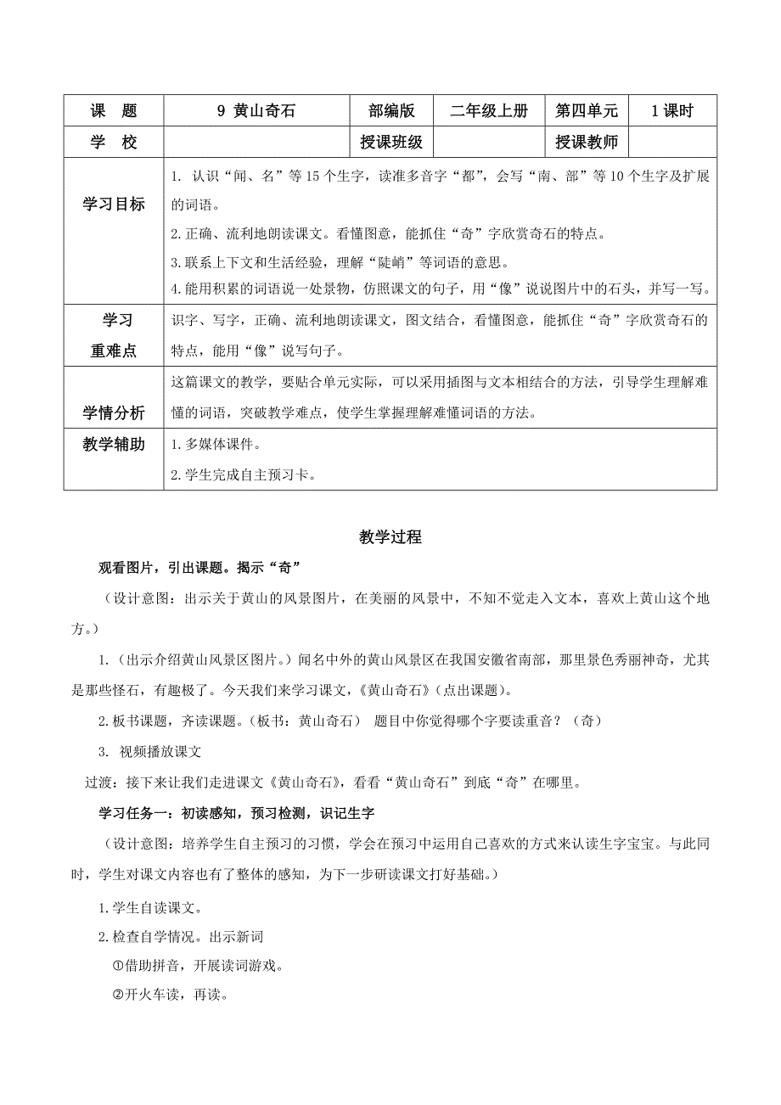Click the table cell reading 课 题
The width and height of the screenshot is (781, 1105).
click(x=113, y=111)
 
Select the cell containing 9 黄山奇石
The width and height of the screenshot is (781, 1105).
click(x=256, y=111)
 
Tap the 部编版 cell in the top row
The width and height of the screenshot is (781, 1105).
click(x=391, y=111)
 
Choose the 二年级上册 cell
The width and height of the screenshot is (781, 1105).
click(x=489, y=111)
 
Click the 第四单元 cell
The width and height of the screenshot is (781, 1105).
click(x=587, y=111)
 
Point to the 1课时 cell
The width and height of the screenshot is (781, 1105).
click(x=672, y=111)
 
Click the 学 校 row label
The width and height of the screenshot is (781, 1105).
click(x=113, y=143)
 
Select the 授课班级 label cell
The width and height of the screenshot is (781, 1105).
click(x=391, y=143)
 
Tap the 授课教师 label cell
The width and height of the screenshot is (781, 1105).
click(x=587, y=143)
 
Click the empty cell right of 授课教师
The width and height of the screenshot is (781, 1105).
click(x=672, y=143)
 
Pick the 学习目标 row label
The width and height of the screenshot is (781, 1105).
click(x=113, y=205)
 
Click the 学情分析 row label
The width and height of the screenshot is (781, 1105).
click(x=113, y=413)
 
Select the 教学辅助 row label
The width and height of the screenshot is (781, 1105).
click(x=113, y=445)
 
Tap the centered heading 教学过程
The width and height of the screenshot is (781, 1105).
click(x=390, y=537)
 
